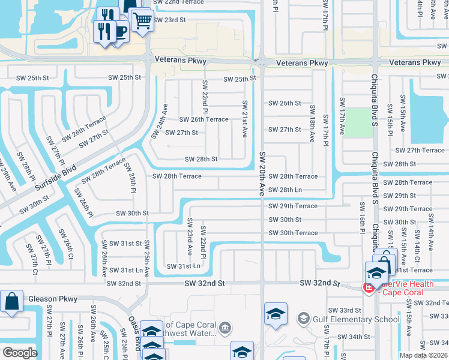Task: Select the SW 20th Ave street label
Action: (x=262, y=174)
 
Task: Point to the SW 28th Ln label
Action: (x=285, y=190)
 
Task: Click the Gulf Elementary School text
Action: (x=348, y=319)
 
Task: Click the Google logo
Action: (x=20, y=353)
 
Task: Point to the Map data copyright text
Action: (x=423, y=355)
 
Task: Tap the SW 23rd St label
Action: (x=169, y=20)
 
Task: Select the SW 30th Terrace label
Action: (x=292, y=233)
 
